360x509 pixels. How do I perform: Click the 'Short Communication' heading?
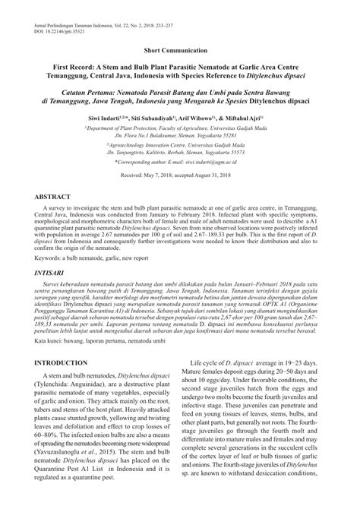point(180,48)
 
